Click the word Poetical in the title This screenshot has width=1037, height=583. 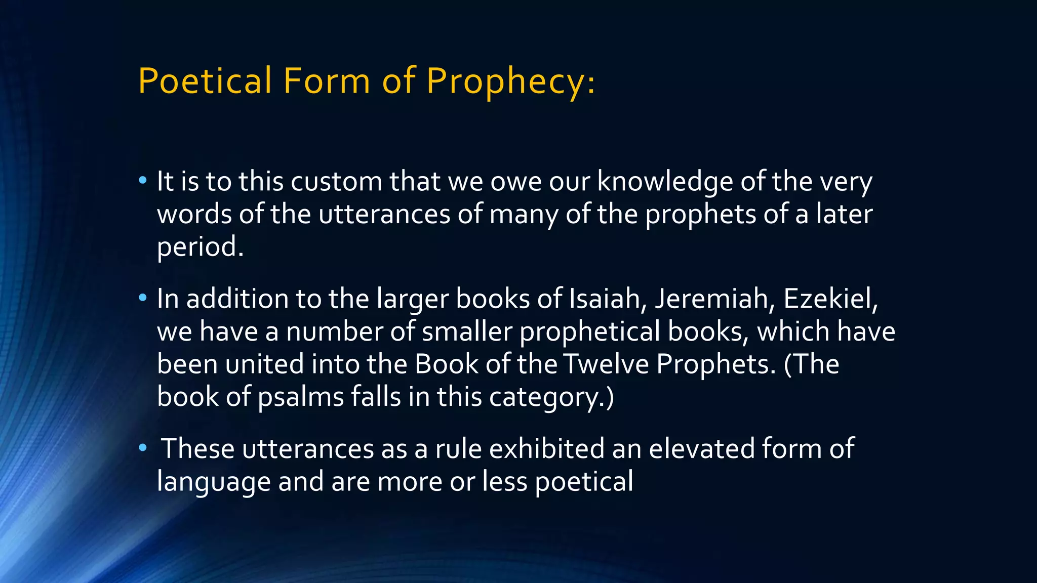click(x=205, y=81)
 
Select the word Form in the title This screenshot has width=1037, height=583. click(x=327, y=81)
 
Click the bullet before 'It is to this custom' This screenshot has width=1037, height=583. click(x=143, y=180)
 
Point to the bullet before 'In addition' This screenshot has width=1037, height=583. click(x=143, y=298)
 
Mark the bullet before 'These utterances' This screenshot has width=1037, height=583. click(x=143, y=447)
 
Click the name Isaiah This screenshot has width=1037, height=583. click(x=608, y=299)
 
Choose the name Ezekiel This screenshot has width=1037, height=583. click(x=828, y=299)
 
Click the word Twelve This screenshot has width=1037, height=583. click(x=606, y=364)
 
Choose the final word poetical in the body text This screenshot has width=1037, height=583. click(x=584, y=481)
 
